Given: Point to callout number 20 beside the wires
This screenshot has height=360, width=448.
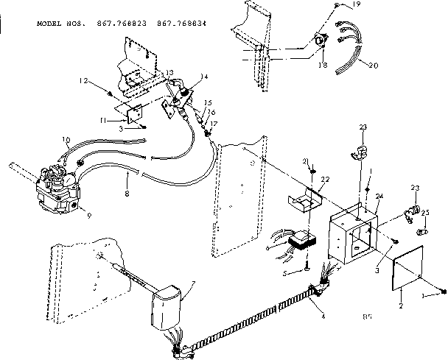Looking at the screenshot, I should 374,66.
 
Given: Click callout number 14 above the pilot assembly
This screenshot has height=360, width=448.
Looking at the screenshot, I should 203,76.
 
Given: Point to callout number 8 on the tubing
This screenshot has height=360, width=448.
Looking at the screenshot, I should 127,195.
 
